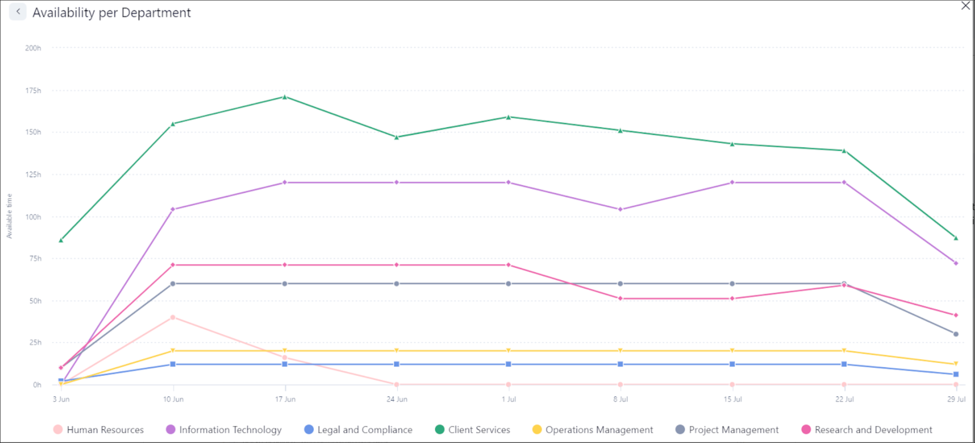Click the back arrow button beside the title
(18, 11)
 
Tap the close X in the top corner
(965, 6)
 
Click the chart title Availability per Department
(112, 12)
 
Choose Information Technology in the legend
(224, 429)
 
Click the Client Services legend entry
(473, 429)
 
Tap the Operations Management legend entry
(593, 429)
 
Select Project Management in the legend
(727, 429)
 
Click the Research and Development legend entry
(867, 429)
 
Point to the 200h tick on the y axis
(33, 48)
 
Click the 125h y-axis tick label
(33, 174)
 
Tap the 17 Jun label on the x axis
(285, 399)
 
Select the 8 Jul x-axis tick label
(621, 399)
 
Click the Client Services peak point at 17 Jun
(285, 97)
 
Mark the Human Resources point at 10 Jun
(173, 317)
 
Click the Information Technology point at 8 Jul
(620, 210)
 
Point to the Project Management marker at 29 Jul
(956, 334)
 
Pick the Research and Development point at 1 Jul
(508, 265)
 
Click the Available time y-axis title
(9, 216)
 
